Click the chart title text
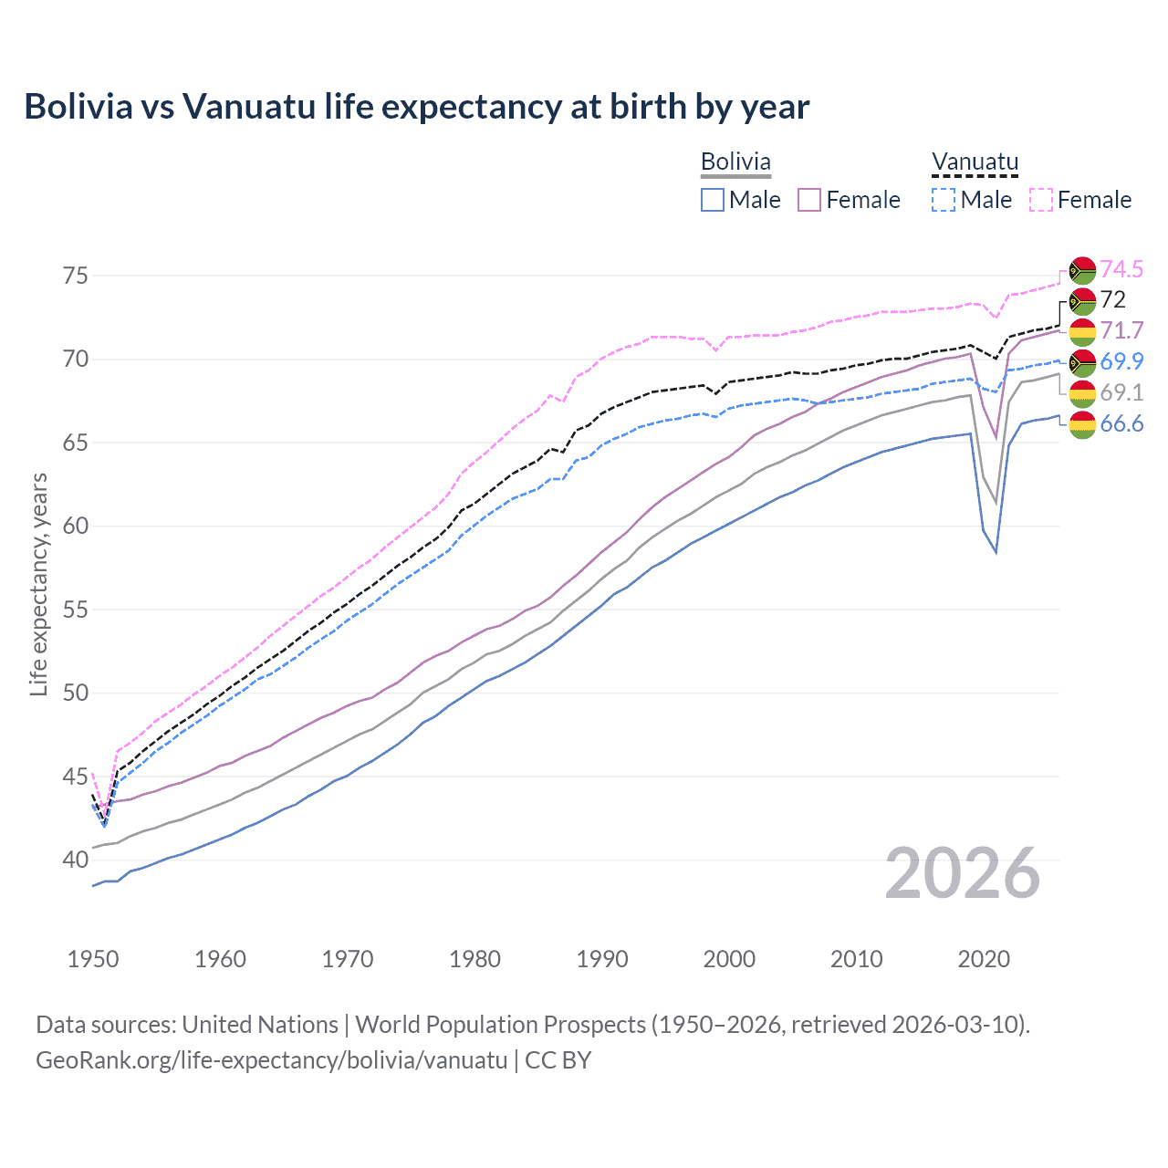416,107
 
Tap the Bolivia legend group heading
735,162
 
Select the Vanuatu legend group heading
975,162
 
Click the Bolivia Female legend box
809,200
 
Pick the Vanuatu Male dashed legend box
944,200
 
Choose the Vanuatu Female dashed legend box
1040,200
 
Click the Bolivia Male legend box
713,200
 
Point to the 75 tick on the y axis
76,276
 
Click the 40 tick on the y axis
76,860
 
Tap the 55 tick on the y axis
76,610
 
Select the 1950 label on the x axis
93,959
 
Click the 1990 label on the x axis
602,959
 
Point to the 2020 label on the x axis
984,959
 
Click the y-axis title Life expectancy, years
38,584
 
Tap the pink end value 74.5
1121,269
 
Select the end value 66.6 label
1121,423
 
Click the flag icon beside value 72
1082,300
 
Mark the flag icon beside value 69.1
1082,393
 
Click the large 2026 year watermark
963,873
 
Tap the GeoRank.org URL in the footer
271,1060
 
